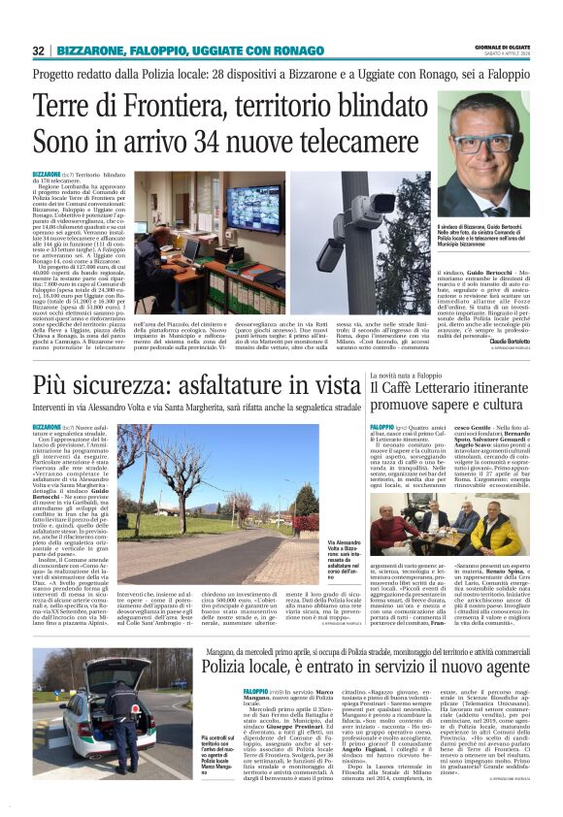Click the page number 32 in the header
coord(39,49)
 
